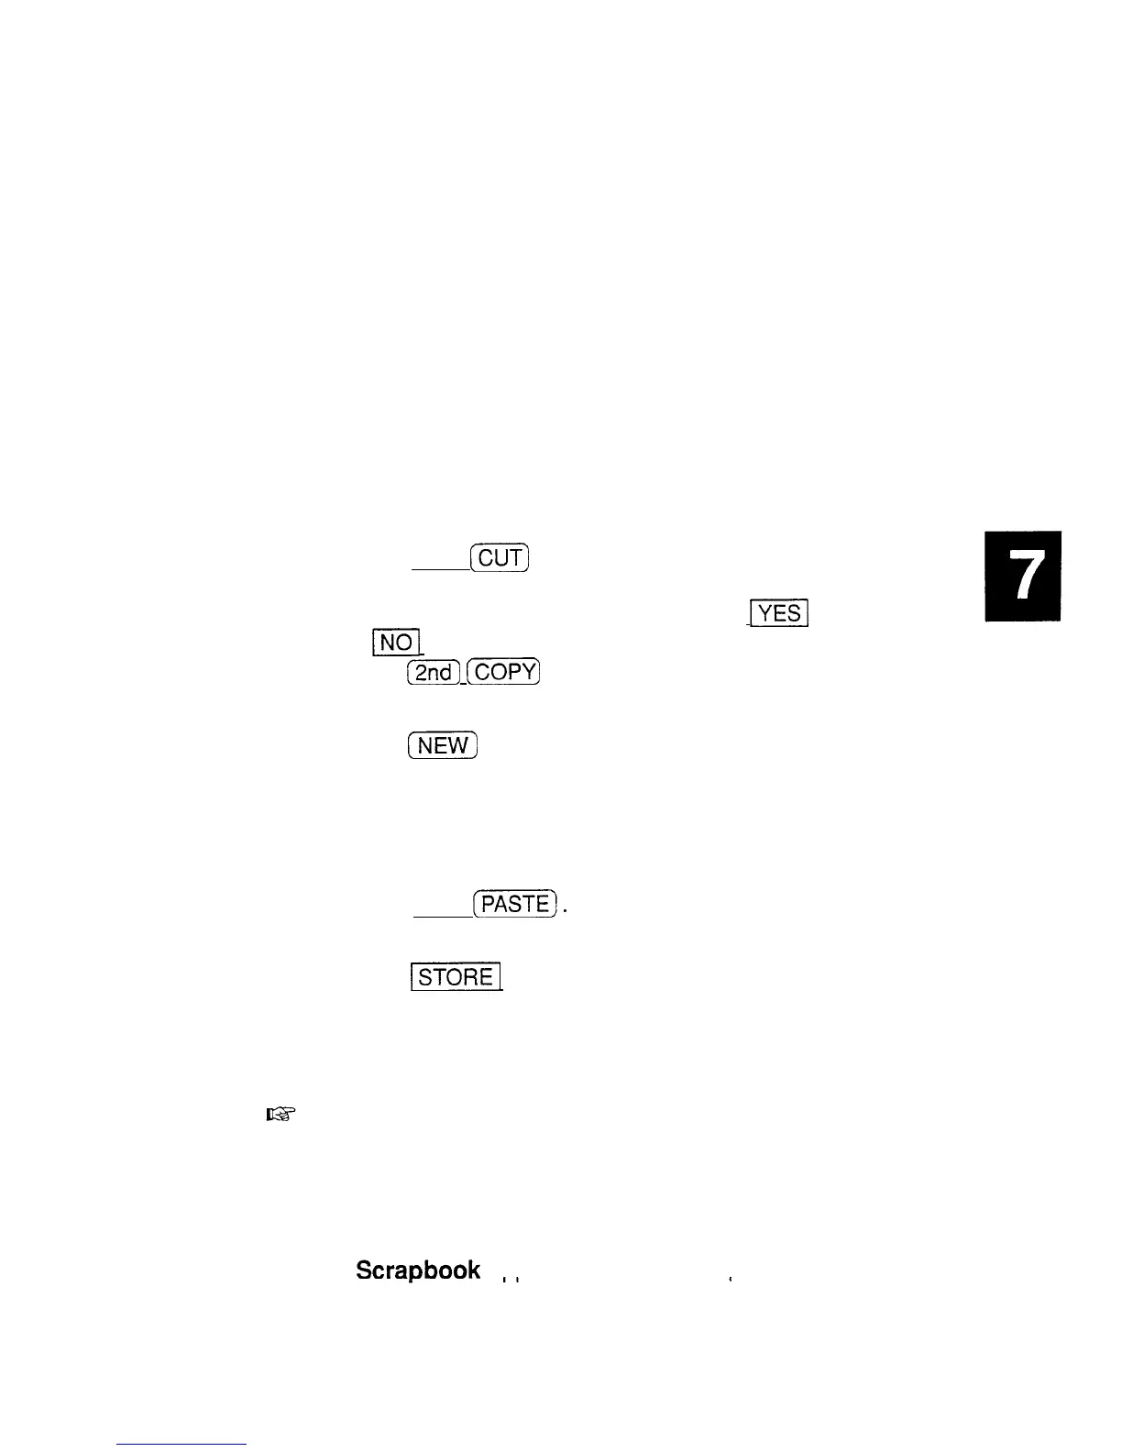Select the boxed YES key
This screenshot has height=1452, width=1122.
pyautogui.click(x=778, y=612)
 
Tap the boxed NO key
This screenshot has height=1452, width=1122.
pyautogui.click(x=396, y=642)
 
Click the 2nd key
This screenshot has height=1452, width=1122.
pyautogui.click(x=434, y=672)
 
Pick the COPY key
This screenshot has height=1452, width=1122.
pyautogui.click(x=504, y=672)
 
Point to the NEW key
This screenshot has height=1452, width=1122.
pyautogui.click(x=443, y=746)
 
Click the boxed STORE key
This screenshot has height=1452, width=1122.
pyautogui.click(x=455, y=977)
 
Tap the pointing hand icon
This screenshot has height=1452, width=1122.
pyautogui.click(x=280, y=1115)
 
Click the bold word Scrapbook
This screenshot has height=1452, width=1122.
pyautogui.click(x=417, y=1270)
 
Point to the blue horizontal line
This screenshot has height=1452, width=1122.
pyautogui.click(x=182, y=1444)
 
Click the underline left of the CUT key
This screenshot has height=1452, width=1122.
pyautogui.click(x=440, y=569)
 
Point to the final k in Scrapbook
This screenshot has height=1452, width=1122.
pyautogui.click(x=473, y=1270)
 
